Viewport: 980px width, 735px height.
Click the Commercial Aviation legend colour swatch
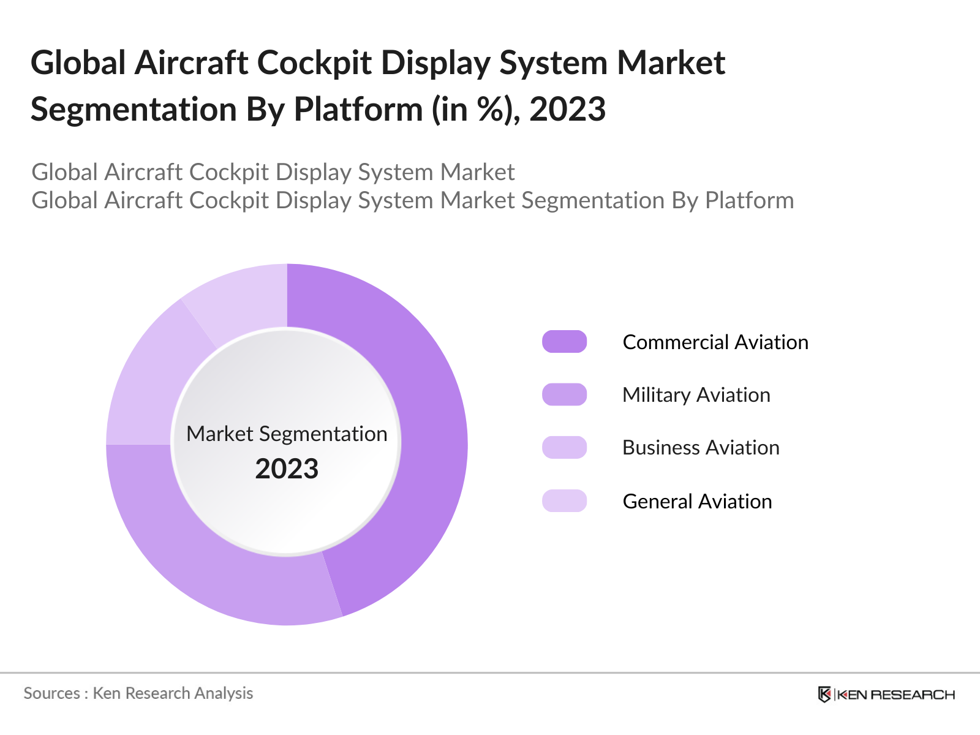pyautogui.click(x=564, y=342)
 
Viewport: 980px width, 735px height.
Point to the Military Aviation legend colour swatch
pyautogui.click(x=564, y=394)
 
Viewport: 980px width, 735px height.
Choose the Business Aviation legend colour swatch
pyautogui.click(x=564, y=448)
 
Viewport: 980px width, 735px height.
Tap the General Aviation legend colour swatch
pyautogui.click(x=564, y=501)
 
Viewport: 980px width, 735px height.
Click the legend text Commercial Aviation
pyautogui.click(x=715, y=342)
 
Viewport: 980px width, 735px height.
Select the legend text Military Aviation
pyautogui.click(x=696, y=394)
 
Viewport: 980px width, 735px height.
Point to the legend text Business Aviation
pyautogui.click(x=701, y=448)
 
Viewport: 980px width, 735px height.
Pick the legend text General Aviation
pyautogui.click(x=697, y=501)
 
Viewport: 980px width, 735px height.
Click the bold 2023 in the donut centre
pyautogui.click(x=287, y=469)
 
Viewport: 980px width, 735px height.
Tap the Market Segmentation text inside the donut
pyautogui.click(x=287, y=434)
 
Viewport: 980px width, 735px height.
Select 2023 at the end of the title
pyautogui.click(x=567, y=110)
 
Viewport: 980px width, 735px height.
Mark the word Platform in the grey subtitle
pyautogui.click(x=749, y=200)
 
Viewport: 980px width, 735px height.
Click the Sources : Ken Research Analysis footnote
pyautogui.click(x=138, y=693)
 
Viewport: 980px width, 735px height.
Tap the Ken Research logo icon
pyautogui.click(x=824, y=695)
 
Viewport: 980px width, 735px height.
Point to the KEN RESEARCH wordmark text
pyautogui.click(x=896, y=695)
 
